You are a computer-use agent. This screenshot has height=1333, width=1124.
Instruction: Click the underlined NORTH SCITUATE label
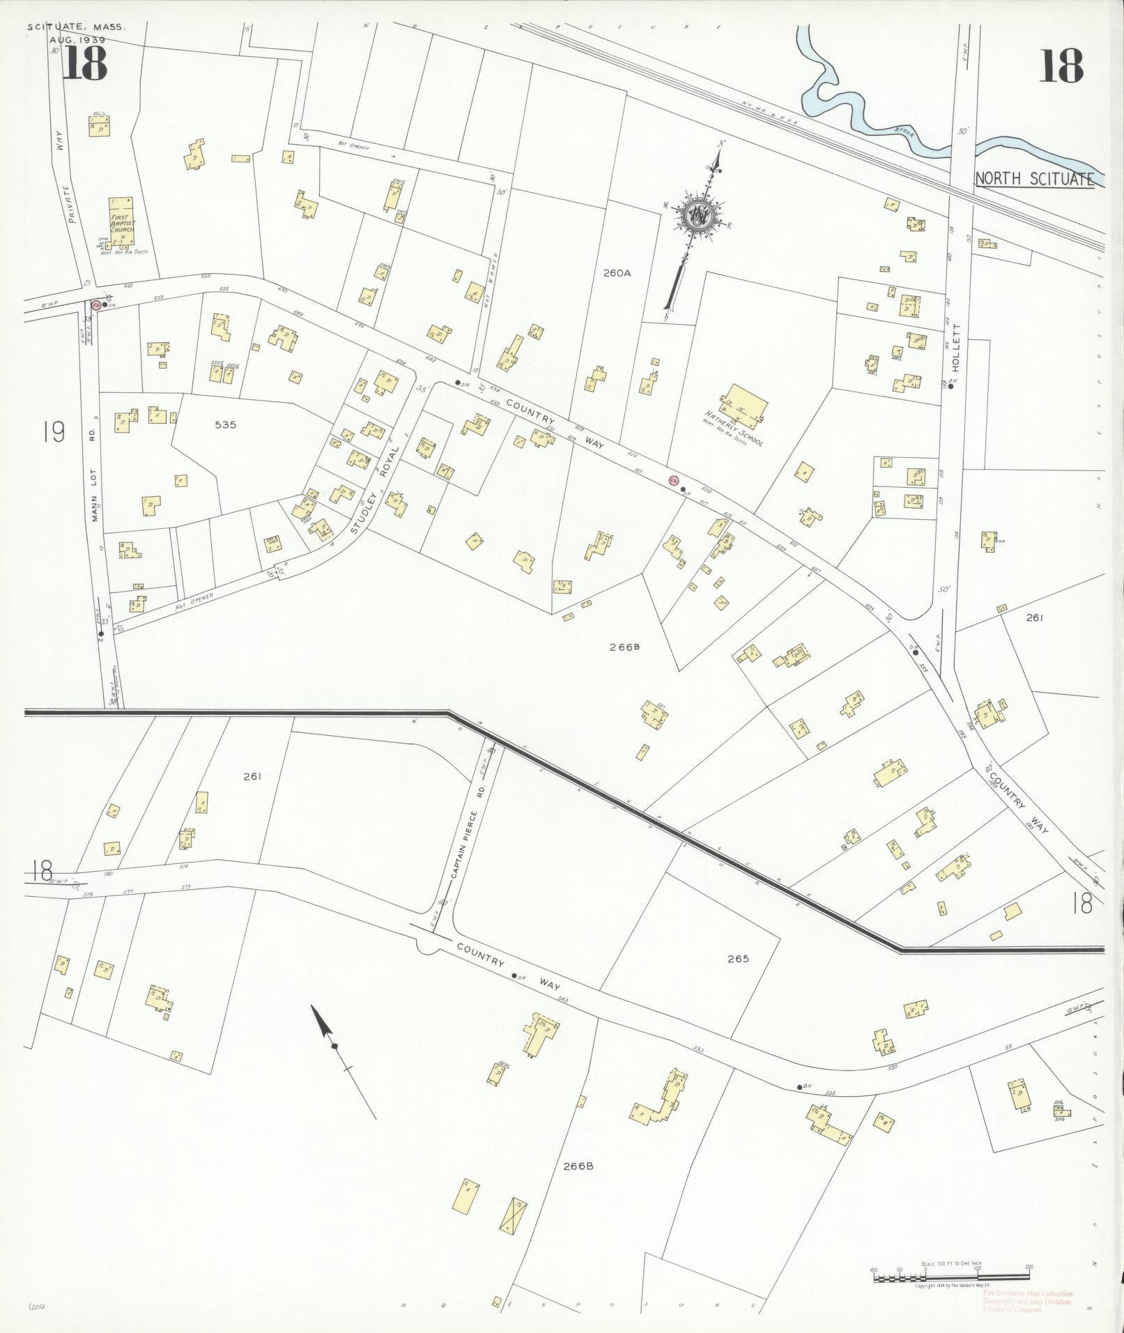(x=1033, y=178)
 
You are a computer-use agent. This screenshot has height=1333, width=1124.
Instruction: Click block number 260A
(x=617, y=274)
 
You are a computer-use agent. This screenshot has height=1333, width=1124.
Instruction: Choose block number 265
(x=737, y=958)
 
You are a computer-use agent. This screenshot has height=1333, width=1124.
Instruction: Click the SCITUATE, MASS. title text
(x=77, y=27)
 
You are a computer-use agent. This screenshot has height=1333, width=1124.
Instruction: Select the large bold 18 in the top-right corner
(x=1061, y=66)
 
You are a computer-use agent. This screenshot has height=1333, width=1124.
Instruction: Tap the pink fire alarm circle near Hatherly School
(x=673, y=480)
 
